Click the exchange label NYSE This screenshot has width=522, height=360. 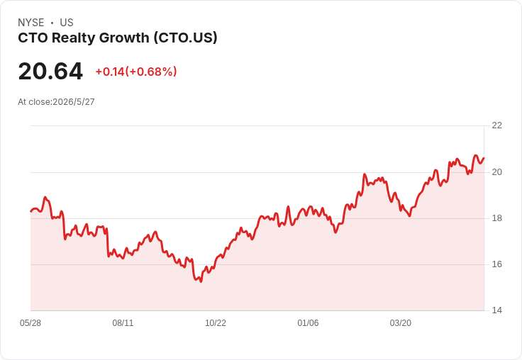pos(31,23)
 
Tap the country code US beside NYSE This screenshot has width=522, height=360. pos(67,23)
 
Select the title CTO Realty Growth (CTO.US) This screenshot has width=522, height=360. pos(118,38)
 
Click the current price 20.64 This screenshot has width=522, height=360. pos(50,71)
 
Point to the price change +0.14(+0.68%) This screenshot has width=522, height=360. pos(136,72)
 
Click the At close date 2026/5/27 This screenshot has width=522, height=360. pos(74,102)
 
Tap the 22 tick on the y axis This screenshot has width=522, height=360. pos(496,125)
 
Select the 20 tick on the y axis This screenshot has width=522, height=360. pos(496,172)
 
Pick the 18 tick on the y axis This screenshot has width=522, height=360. pos(496,218)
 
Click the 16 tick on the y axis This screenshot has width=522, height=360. pos(496,264)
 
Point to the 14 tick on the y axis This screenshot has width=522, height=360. pos(496,310)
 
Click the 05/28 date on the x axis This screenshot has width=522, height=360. pos(30,323)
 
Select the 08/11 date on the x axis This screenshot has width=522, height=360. pos(123,323)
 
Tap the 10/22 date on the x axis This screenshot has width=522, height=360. pos(216,323)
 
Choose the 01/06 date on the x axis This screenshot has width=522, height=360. pos(308,323)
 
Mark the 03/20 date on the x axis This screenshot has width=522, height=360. pos(401,323)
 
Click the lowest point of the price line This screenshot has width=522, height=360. pos(201,281)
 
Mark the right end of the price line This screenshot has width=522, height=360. pos(484,158)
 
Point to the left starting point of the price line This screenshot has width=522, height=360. pos(31,211)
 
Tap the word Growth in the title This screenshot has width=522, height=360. pos(124,38)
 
